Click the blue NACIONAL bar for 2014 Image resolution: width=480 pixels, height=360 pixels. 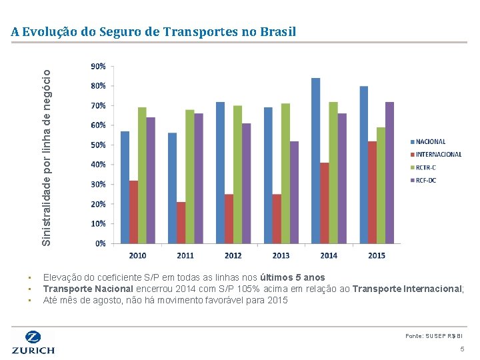316,161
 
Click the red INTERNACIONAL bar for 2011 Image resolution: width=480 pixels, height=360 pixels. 181,223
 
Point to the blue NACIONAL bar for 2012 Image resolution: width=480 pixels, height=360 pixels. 220,173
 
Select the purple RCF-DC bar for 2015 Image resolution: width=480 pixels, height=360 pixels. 389,173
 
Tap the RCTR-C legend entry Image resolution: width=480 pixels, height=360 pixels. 425,167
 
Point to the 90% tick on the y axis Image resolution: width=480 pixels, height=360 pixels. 97,67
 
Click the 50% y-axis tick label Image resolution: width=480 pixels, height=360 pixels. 97,145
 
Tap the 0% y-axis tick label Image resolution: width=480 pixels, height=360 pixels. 99,244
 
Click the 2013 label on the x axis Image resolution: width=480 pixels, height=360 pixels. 281,255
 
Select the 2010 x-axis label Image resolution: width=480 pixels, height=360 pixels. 138,255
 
